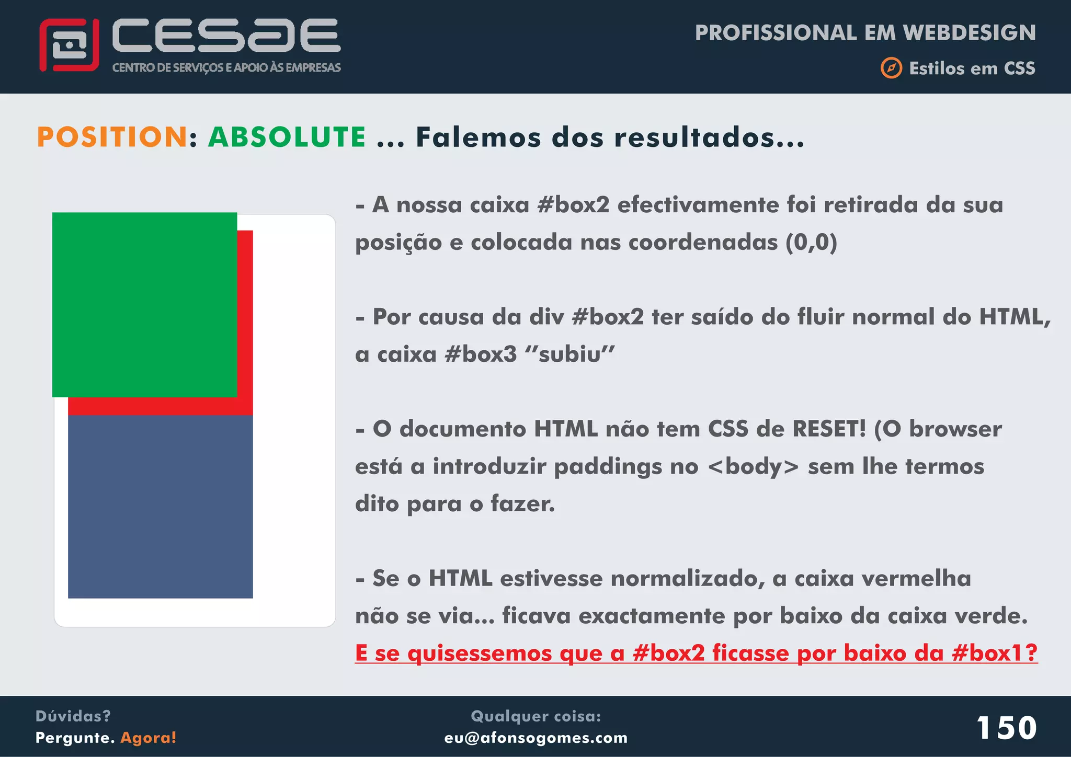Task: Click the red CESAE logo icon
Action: point(69,45)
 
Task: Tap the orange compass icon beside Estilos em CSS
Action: point(891,68)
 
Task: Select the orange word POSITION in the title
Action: point(112,137)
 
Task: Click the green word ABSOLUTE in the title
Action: point(287,137)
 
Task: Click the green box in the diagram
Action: point(144,304)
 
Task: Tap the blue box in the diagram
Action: point(160,506)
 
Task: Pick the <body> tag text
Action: point(753,466)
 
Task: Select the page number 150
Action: point(1007,728)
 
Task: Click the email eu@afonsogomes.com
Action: point(535,738)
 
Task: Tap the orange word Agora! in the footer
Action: point(149,738)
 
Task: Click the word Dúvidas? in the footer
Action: point(73,716)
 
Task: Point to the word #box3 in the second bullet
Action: point(480,354)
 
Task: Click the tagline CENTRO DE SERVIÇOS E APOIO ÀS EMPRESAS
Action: point(226,67)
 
